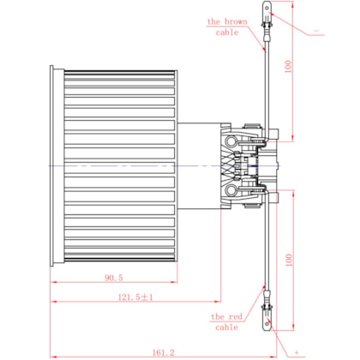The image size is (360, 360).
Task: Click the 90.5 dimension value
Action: (114, 278)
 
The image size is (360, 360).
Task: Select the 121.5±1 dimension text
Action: (135, 297)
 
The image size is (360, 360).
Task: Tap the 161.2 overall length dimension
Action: (163, 352)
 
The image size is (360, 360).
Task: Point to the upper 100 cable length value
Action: (289, 66)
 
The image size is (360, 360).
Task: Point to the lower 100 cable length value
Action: (289, 260)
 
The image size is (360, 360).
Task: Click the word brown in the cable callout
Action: (236, 21)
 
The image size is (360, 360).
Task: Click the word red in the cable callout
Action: (235, 316)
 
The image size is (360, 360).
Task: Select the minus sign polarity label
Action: (316, 31)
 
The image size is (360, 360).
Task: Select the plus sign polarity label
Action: (297, 352)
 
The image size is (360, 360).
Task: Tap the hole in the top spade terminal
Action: (267, 8)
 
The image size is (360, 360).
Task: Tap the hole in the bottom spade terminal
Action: (267, 324)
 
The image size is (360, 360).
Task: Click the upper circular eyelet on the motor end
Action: (231, 141)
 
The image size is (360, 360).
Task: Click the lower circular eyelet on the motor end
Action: (231, 190)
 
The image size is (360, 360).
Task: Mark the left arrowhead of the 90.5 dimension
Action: (52, 282)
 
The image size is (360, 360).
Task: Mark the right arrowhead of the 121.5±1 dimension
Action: (218, 302)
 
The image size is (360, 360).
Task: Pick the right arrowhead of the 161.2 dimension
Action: (273, 357)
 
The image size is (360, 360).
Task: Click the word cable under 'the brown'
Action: (227, 33)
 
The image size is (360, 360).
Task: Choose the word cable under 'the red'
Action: (226, 327)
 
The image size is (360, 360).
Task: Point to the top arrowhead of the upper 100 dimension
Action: (292, 4)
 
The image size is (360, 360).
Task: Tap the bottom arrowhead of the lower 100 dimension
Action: (292, 327)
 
